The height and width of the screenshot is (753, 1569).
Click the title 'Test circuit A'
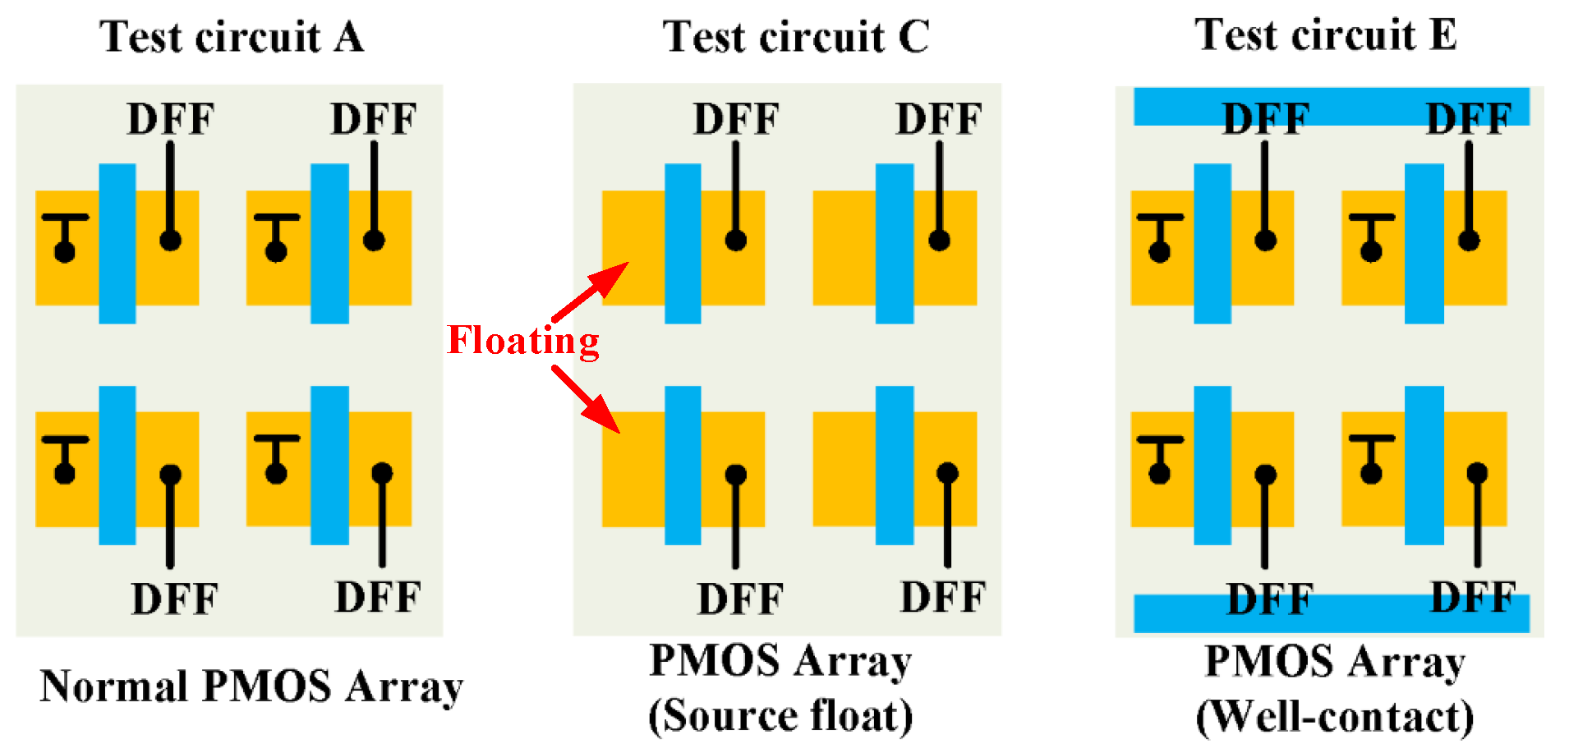(x=232, y=37)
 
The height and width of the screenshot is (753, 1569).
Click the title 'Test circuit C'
(x=796, y=37)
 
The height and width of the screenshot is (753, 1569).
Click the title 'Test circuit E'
(x=1326, y=35)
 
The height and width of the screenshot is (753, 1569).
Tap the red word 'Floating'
(x=523, y=340)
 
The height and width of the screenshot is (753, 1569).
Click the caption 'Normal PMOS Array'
(x=251, y=686)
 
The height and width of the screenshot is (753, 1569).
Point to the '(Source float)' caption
(x=780, y=715)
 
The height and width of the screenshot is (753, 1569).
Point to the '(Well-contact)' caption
(x=1335, y=717)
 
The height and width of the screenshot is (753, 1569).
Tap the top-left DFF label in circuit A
(x=170, y=119)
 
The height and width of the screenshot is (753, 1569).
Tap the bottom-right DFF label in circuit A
(x=378, y=598)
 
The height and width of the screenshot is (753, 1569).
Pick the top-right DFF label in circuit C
(x=939, y=119)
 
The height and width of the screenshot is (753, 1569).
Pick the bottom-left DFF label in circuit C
(x=740, y=599)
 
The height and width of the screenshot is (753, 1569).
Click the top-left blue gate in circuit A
(x=117, y=243)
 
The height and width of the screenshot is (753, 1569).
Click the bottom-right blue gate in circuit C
(x=895, y=465)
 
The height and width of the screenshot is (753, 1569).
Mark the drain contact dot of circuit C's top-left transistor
(x=736, y=240)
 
